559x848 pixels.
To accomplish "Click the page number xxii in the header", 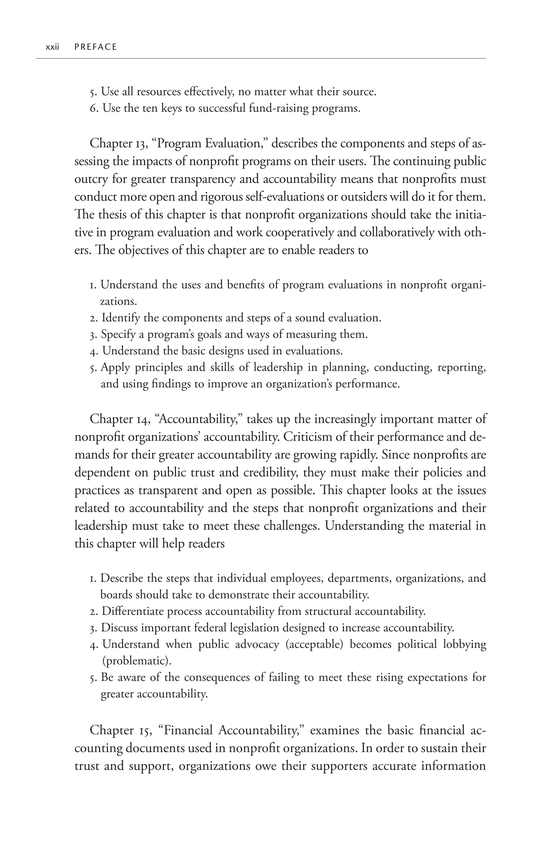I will tap(53, 47).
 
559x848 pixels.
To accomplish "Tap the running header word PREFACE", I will tap(96, 47).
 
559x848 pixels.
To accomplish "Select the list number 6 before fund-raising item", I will tap(94, 108).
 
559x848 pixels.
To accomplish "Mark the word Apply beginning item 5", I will tap(112, 367).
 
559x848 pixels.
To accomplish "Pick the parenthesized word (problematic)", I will tap(137, 661).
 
